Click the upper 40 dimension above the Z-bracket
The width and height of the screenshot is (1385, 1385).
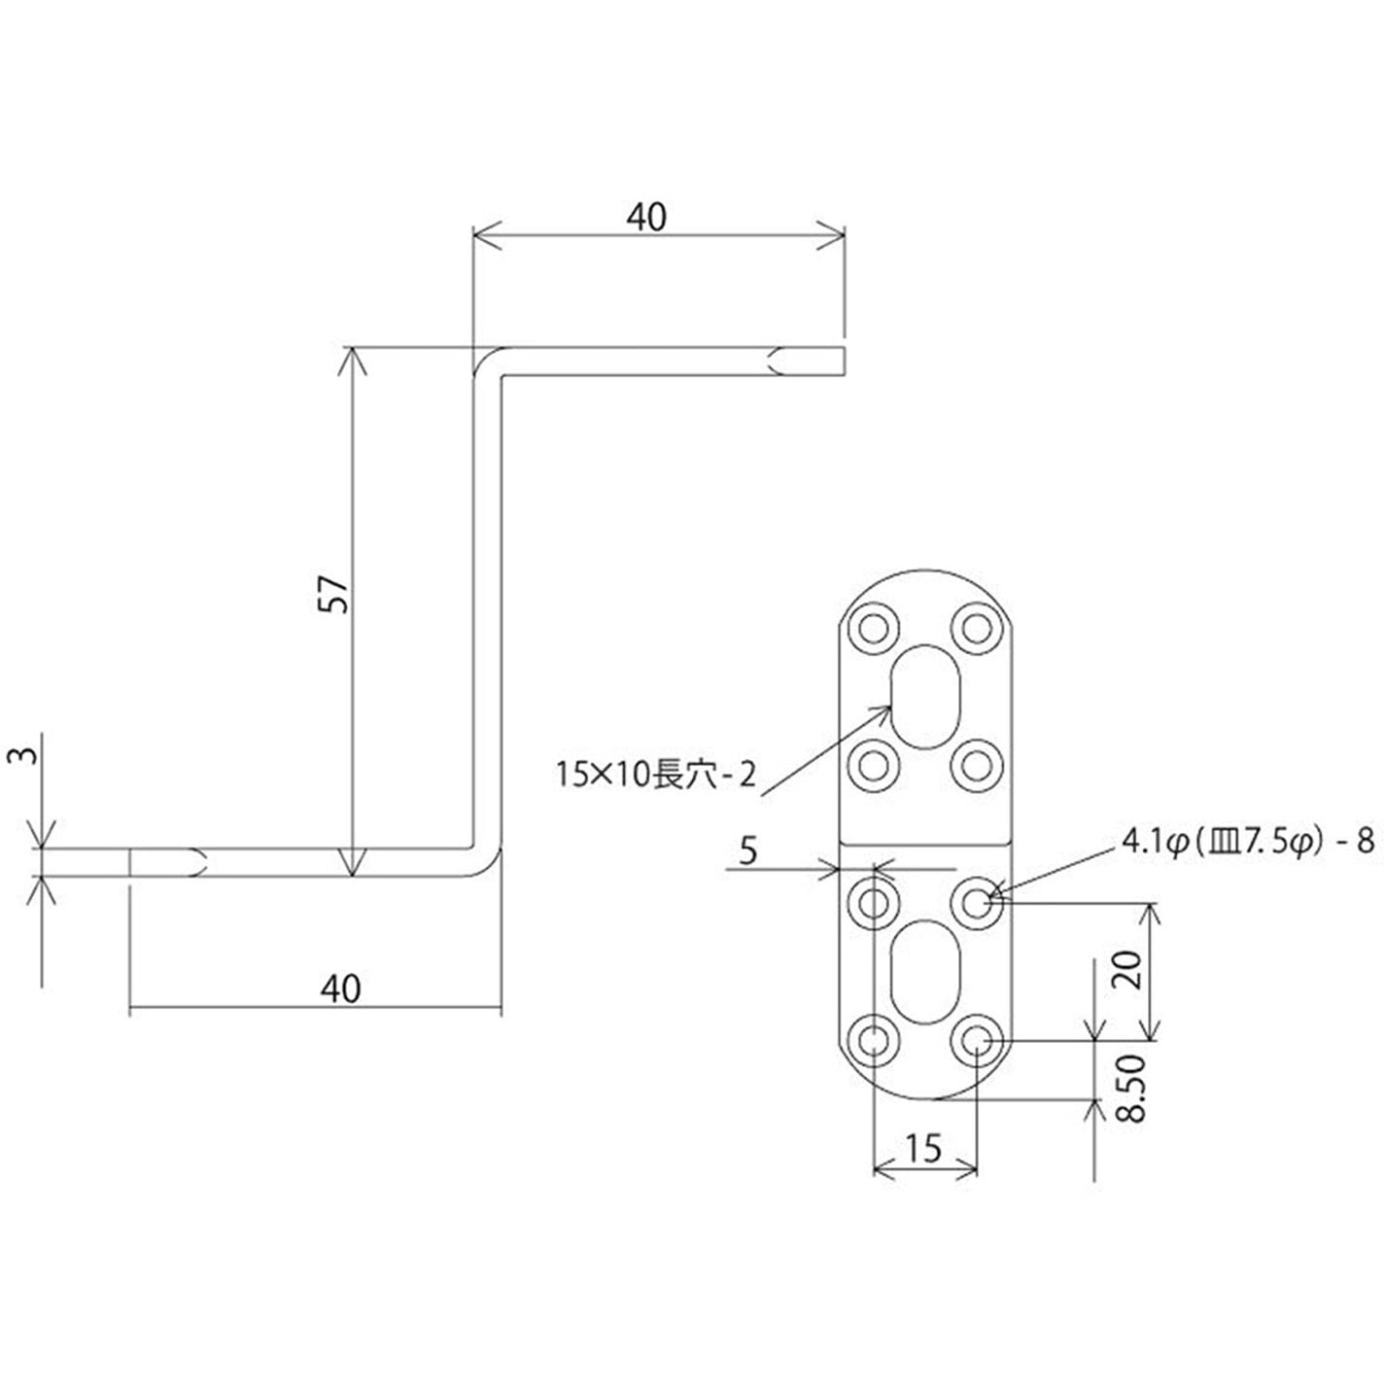coord(646,217)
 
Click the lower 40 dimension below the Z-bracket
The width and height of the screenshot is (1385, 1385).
coord(339,987)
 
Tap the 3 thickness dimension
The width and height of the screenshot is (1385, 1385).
coord(28,755)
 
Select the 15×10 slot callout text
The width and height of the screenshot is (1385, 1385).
coord(655,775)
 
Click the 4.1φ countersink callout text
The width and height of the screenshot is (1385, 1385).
coord(1247,843)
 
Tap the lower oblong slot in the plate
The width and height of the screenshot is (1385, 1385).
coord(926,972)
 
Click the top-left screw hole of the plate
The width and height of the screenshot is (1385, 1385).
coord(873,629)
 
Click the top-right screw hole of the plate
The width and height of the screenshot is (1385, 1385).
coord(977,629)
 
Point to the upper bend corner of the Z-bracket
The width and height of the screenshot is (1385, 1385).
coord(488,364)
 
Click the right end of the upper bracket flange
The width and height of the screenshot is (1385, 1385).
coord(842,362)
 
